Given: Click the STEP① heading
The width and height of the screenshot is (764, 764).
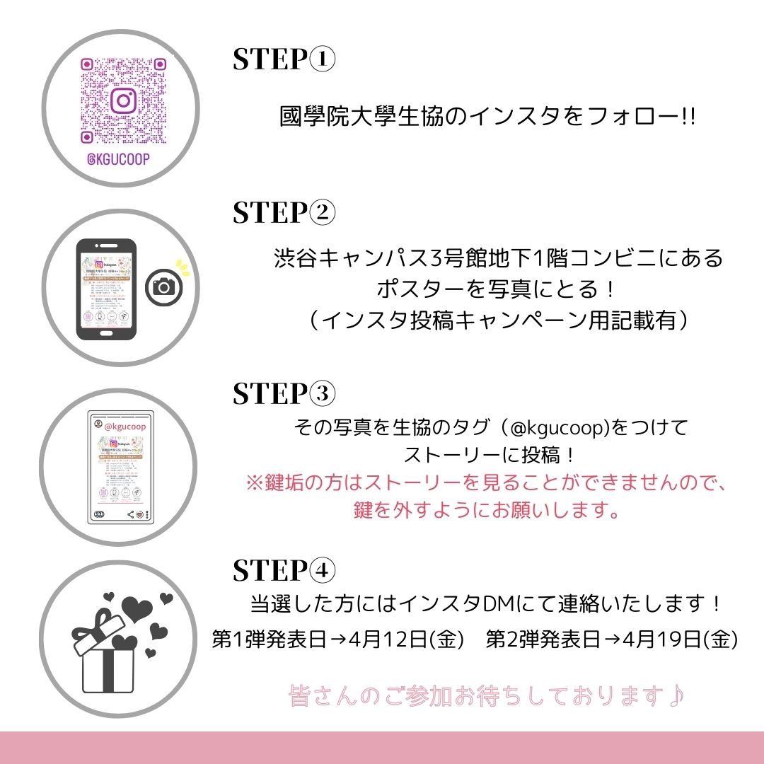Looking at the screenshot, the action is pos(284,60).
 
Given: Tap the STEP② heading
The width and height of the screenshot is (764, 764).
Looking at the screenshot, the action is pos(284,212).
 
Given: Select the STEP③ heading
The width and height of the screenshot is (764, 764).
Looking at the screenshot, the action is pos(284,393).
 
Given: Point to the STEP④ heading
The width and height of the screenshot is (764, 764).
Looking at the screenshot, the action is pos(284,569).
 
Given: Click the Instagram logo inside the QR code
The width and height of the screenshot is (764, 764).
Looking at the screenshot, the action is pos(123,100).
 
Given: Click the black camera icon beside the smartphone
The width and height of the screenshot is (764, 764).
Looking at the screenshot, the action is pos(164,286).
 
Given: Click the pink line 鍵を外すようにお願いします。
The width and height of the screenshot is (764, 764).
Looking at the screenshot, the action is pos(487,510).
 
